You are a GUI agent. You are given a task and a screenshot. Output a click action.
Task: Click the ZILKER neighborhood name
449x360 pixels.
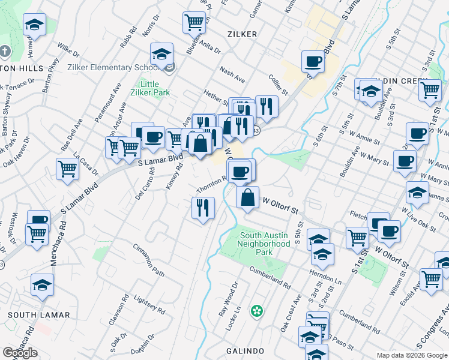(x=242, y=34)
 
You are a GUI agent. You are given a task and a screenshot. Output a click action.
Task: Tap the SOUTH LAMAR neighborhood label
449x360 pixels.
(x=31, y=314)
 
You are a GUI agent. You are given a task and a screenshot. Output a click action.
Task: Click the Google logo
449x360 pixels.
(x=20, y=353)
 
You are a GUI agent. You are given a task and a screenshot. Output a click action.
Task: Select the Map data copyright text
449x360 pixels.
(x=411, y=355)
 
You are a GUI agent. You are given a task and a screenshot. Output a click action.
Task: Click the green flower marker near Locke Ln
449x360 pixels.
(x=257, y=311)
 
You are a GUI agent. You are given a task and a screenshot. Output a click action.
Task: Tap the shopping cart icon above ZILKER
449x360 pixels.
(x=194, y=22)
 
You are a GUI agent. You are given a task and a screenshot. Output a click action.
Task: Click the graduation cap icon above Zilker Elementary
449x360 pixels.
(x=161, y=54)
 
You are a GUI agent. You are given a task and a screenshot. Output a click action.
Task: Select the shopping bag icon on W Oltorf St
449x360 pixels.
(x=247, y=197)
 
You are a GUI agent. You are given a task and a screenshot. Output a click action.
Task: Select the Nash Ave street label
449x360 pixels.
(x=232, y=75)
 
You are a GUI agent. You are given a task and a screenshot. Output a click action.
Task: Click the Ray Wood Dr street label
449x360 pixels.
(x=229, y=300)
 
